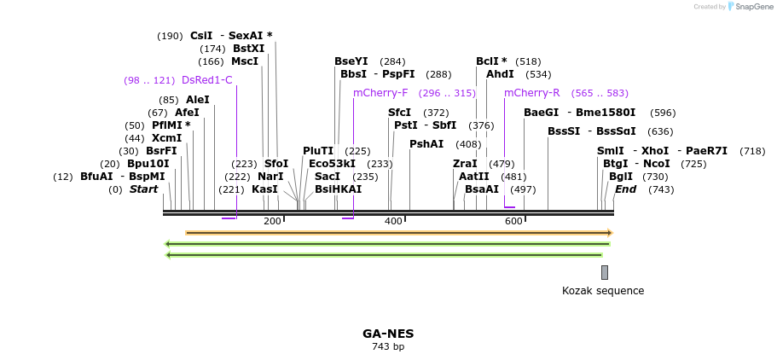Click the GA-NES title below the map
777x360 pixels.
pos(388,334)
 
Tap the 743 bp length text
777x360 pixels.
pos(388,346)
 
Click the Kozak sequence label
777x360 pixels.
pos(603,291)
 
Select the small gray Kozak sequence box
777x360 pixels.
pos(605,272)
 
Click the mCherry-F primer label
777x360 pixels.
pos(380,93)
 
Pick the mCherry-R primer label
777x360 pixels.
pos(531,93)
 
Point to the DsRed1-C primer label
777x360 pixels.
pos(206,80)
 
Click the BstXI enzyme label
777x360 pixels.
pos(248,49)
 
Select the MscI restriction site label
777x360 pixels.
pos(245,61)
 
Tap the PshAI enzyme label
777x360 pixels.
pos(426,144)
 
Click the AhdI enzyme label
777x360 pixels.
pos(500,74)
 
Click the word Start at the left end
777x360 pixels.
pos(143,189)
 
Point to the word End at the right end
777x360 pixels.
pos(625,189)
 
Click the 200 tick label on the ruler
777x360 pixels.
pos(272,222)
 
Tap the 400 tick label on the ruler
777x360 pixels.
pos(393,222)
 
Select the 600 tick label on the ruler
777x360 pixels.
pos(513,222)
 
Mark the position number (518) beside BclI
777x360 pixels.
pos(528,61)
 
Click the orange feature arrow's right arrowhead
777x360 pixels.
pos(609,233)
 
